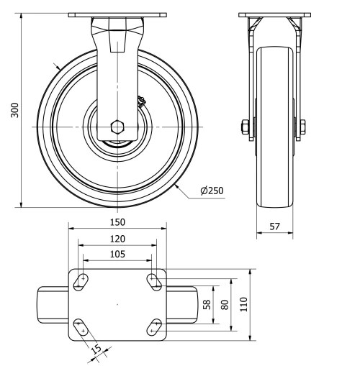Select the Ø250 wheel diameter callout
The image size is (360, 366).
[211, 191]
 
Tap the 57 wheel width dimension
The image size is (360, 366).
[274, 226]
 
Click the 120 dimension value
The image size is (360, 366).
[117, 238]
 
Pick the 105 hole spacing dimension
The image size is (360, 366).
[117, 254]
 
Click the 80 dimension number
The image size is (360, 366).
[225, 304]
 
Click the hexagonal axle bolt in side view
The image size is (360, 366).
[118, 129]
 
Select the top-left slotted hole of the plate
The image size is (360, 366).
[81, 280]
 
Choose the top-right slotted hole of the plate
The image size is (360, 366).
[154, 280]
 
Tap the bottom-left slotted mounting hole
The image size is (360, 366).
[81, 328]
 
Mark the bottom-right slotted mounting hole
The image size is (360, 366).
[154, 328]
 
